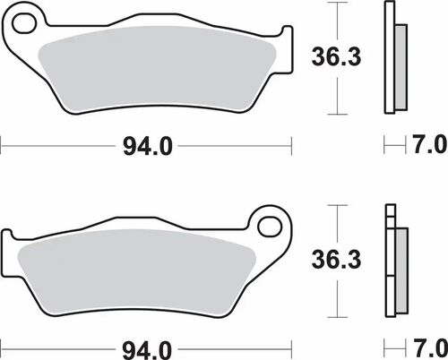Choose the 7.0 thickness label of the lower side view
pos(428,345)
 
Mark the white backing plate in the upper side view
pos(388,58)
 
